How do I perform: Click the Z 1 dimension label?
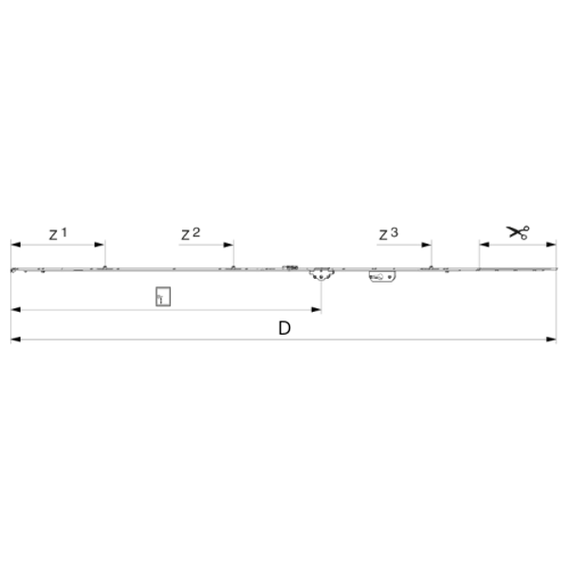(58, 234)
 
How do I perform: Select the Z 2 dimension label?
(191, 234)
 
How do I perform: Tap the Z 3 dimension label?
(388, 234)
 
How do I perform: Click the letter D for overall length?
(284, 328)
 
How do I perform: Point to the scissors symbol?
(518, 232)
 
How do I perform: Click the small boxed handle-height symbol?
(163, 297)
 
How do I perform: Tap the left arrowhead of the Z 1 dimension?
(16, 245)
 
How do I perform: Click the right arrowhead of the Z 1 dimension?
(100, 245)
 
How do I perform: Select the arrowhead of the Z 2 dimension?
(229, 245)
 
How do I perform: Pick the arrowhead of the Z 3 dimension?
(426, 245)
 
